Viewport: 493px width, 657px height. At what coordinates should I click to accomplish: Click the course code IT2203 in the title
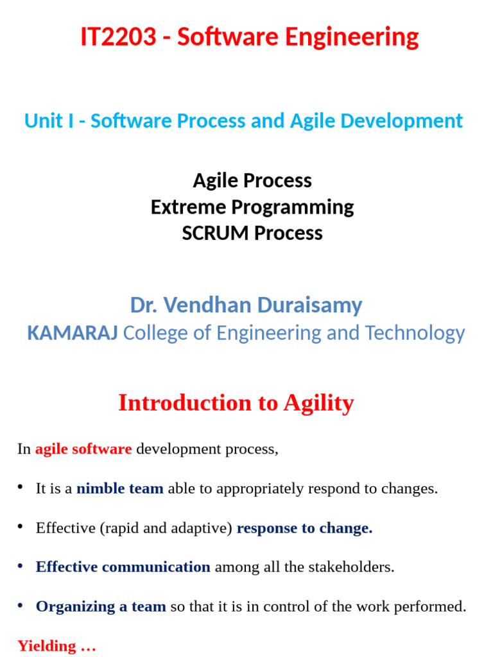118,37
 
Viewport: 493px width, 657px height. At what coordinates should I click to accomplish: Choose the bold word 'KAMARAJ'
72,333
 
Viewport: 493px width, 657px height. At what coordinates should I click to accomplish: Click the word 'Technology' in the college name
415,333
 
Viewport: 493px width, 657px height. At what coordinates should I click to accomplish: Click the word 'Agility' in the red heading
318,403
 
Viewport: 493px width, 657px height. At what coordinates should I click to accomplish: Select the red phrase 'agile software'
83,449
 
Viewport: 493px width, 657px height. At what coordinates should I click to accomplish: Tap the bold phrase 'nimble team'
119,489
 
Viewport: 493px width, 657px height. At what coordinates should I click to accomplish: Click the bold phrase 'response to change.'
304,528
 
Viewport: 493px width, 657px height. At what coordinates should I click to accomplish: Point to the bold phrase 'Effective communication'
123,567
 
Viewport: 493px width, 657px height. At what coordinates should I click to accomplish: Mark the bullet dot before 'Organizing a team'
21,605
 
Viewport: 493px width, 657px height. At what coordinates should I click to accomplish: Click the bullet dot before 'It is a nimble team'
21,488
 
